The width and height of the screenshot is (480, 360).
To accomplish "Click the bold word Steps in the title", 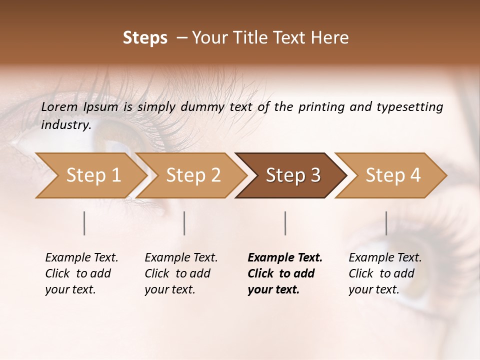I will pyautogui.click(x=145, y=38).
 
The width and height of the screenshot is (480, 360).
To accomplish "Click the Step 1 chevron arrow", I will pyautogui.click(x=93, y=175).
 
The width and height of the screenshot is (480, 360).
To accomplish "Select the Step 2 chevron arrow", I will pyautogui.click(x=193, y=175).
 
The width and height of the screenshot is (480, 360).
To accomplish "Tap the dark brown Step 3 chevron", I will pyautogui.click(x=293, y=175).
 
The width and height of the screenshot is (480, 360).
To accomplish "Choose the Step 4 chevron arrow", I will pyautogui.click(x=393, y=175).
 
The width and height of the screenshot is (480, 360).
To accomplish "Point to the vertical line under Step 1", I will pyautogui.click(x=84, y=223).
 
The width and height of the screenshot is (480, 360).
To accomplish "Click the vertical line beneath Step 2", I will pyautogui.click(x=184, y=223).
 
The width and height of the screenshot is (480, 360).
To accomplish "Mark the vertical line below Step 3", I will pyautogui.click(x=285, y=223).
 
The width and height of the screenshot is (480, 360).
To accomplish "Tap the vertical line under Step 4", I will pyautogui.click(x=386, y=223).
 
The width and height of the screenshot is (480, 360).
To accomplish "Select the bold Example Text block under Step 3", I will pyautogui.click(x=284, y=273).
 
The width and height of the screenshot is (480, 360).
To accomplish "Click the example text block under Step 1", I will pyautogui.click(x=81, y=273).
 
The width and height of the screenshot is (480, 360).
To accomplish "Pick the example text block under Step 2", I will pyautogui.click(x=181, y=273).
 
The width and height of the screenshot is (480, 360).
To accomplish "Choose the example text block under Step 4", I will pyautogui.click(x=384, y=273).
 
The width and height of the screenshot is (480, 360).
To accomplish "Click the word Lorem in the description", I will pyautogui.click(x=59, y=107).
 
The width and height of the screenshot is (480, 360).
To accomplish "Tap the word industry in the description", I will pyautogui.click(x=65, y=125).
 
